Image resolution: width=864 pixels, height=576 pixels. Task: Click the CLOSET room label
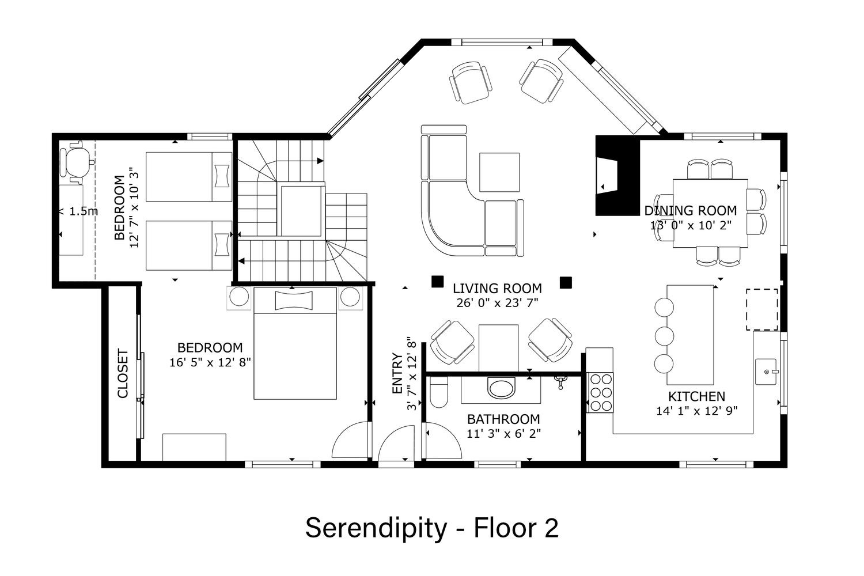click(122, 374)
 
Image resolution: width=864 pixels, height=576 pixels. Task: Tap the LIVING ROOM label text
click(497, 289)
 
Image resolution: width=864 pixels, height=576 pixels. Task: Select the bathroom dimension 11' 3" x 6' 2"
click(504, 434)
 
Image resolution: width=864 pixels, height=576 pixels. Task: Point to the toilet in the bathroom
click(439, 392)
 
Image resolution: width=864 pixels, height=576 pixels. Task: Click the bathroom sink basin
click(502, 388)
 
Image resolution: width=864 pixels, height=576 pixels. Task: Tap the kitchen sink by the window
click(766, 372)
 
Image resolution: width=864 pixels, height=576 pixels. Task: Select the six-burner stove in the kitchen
click(600, 392)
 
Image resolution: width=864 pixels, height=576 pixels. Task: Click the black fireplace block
click(617, 176)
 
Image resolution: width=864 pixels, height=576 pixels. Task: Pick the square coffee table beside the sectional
click(499, 172)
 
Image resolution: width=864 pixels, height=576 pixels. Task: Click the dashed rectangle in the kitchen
click(762, 309)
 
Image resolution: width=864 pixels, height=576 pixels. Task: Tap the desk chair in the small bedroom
click(77, 162)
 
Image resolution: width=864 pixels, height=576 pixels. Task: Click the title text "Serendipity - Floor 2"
click(432, 529)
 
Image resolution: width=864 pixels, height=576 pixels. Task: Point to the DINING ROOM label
click(691, 211)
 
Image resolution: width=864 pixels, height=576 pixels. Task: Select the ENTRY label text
click(397, 373)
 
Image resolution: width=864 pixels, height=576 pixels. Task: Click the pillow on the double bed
click(294, 301)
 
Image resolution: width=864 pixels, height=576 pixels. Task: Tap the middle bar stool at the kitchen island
click(664, 336)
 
